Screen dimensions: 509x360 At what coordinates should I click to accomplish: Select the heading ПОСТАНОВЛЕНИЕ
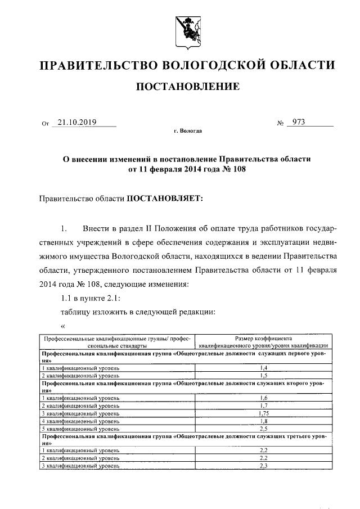point(185,87)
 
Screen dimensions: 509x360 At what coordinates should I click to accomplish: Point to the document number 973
point(296,121)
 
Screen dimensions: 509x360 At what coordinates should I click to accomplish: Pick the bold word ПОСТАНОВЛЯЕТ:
point(163,199)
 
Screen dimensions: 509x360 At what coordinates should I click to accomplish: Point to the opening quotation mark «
point(63,326)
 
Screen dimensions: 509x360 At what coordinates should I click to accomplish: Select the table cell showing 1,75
point(263,413)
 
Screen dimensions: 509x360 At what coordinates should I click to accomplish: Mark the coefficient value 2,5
point(263,428)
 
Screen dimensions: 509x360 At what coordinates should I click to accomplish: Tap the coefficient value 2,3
point(263,466)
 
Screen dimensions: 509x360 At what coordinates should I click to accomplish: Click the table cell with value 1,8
point(263,421)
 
